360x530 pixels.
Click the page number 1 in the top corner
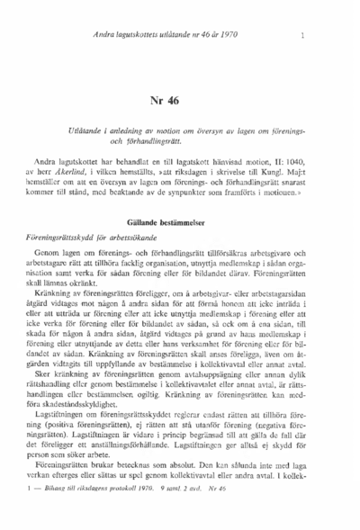point(303,35)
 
